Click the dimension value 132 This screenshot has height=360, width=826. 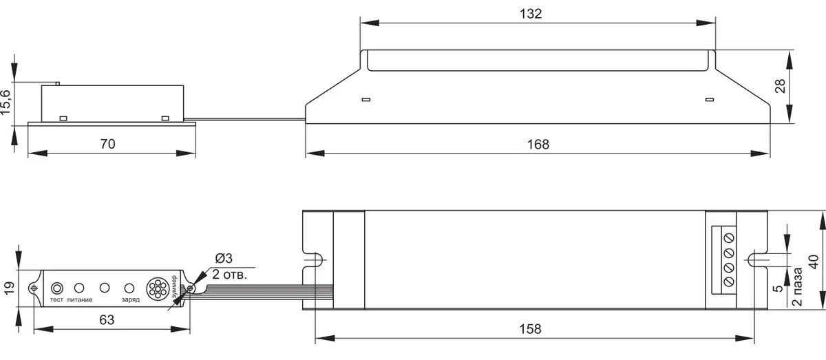coord(531,14)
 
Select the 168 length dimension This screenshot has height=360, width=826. coord(538,145)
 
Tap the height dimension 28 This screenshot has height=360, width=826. coord(780,86)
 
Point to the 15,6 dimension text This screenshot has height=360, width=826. coord(6,102)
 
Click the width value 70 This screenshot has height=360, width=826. coord(107,144)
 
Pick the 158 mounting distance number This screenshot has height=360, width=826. coord(530,329)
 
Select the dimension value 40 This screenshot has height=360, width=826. coord(814,262)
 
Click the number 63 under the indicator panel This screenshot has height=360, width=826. coord(107,320)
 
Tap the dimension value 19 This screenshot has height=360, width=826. coord(9,288)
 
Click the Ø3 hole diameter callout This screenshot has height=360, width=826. coord(224,258)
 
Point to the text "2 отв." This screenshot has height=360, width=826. coord(229,275)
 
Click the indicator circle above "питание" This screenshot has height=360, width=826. coord(79,288)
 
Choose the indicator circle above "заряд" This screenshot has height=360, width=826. coord(129,288)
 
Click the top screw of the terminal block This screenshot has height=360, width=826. coord(729,238)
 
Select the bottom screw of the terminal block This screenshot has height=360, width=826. coord(729,282)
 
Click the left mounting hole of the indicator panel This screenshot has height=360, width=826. coord(34,288)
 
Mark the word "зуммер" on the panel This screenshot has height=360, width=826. coord(174,287)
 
